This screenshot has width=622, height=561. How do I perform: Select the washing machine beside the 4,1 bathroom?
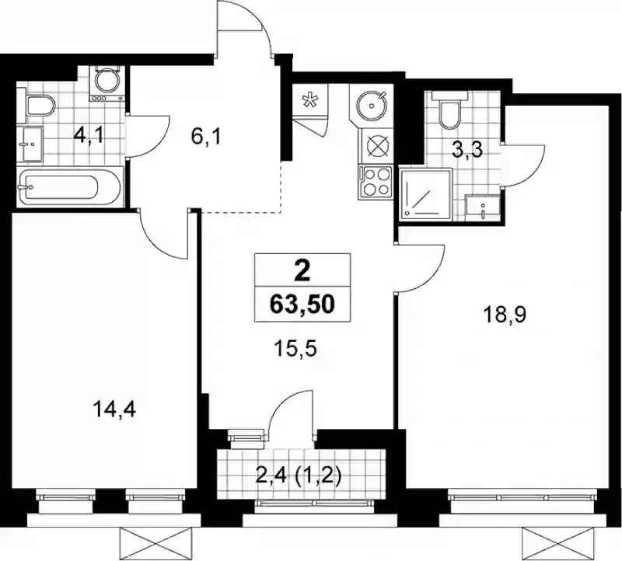[107, 85]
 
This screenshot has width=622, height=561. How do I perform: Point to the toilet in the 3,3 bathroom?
[449, 110]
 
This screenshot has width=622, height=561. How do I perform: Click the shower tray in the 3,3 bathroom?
[425, 193]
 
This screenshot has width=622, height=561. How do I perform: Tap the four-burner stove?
[376, 182]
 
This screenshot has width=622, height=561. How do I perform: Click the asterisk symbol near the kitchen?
[308, 100]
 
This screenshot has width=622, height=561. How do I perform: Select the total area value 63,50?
[302, 305]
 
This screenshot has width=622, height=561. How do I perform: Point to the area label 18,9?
[504, 315]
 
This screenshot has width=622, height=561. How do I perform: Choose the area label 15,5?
[295, 350]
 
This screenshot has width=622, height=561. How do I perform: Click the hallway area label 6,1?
[205, 138]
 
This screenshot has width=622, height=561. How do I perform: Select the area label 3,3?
[467, 150]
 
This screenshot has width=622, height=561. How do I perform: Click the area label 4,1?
[89, 136]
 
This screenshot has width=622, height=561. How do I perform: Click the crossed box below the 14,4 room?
[156, 544]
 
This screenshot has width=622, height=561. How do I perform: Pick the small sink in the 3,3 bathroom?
[482, 207]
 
